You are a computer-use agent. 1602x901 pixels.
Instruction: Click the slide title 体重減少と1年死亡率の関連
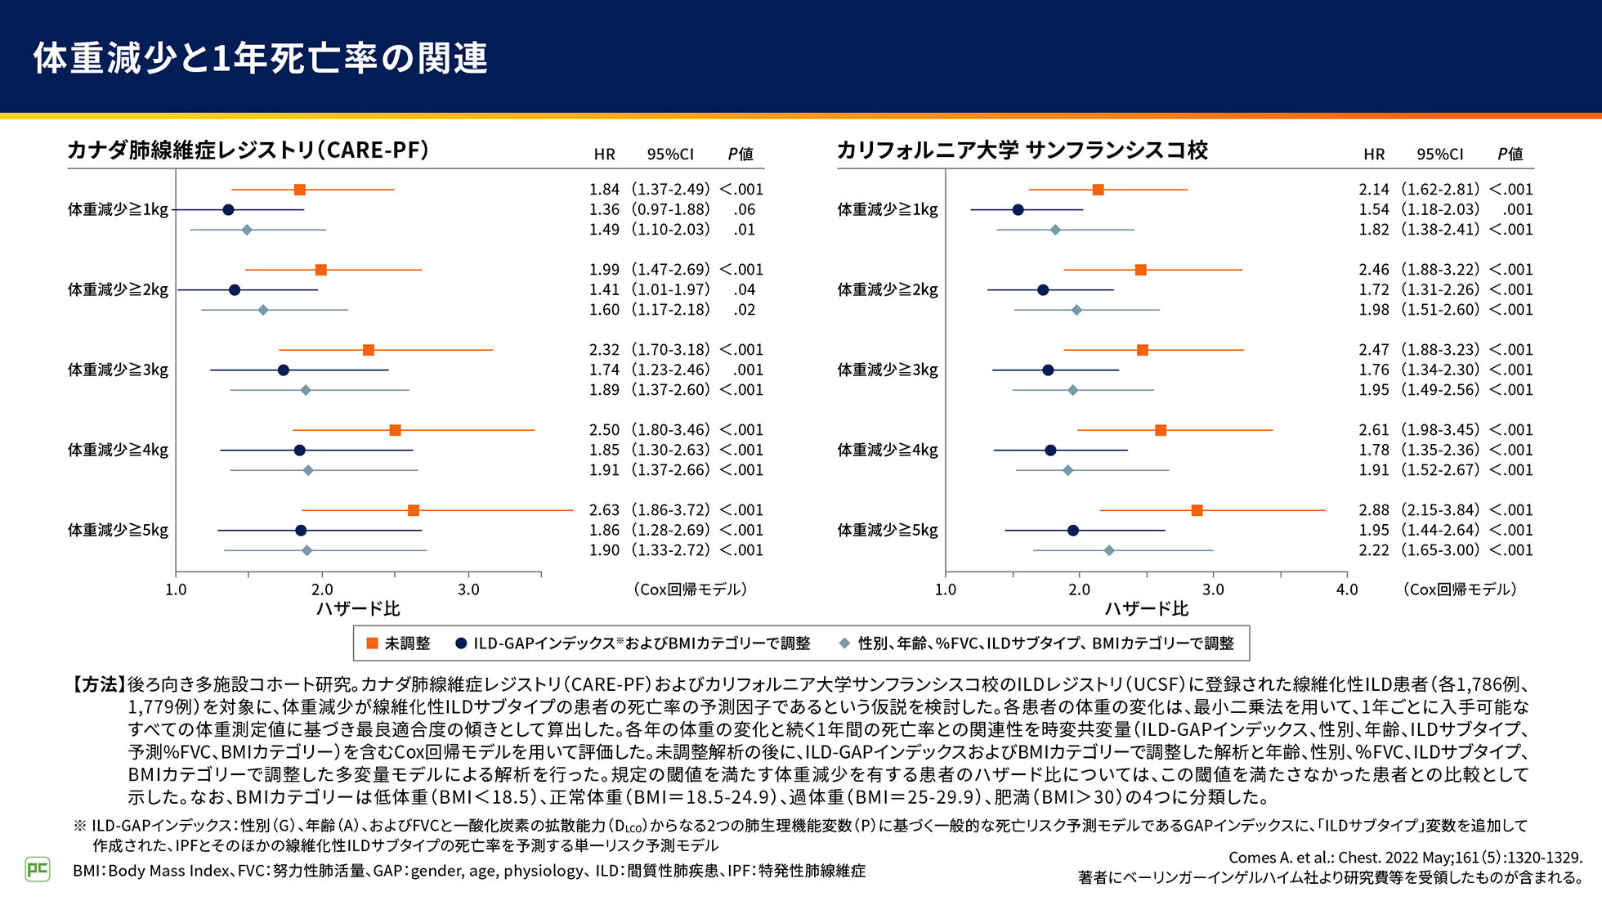(x=260, y=58)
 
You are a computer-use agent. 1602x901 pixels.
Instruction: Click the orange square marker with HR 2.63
(x=414, y=510)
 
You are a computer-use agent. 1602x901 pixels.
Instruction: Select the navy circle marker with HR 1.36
(x=228, y=210)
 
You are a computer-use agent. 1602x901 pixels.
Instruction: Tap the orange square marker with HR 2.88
(x=1197, y=510)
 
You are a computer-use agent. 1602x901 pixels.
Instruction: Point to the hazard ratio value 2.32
(x=604, y=350)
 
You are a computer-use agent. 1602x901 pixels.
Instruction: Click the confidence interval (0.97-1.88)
(x=670, y=210)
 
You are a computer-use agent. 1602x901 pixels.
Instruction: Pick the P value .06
(x=744, y=210)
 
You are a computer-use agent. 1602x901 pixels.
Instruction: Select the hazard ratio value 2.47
(x=1374, y=350)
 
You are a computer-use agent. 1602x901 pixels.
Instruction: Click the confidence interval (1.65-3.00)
(x=1440, y=550)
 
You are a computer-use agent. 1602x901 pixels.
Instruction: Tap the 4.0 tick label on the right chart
(x=1347, y=589)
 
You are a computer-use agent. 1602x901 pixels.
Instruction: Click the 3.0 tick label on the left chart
(x=468, y=589)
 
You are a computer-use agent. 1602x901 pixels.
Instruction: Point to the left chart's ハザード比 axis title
(x=358, y=609)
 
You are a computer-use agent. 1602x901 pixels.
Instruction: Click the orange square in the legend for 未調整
(x=373, y=643)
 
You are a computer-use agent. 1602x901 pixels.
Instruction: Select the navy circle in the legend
(x=461, y=643)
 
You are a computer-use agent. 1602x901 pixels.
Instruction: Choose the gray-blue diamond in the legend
(x=845, y=643)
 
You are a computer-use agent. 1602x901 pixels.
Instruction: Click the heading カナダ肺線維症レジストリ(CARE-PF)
(x=248, y=150)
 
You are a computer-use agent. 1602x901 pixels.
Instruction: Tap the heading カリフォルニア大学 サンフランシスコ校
(x=1022, y=150)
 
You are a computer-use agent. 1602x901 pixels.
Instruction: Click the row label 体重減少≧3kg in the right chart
(x=888, y=370)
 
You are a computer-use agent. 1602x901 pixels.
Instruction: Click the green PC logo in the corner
(x=38, y=868)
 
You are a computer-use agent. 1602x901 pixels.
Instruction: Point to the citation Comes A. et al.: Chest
(x=1405, y=858)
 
